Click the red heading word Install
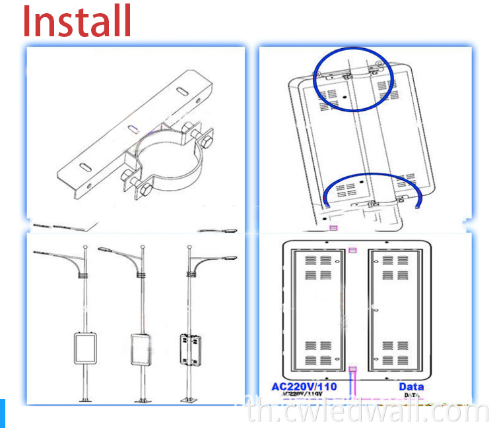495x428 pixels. point(77,22)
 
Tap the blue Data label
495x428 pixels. point(411,386)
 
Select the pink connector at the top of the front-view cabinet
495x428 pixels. point(352,251)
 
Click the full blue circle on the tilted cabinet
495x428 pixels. point(352,80)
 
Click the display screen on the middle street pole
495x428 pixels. point(141,348)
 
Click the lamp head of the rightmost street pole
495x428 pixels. point(229,258)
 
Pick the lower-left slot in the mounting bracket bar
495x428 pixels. point(85,166)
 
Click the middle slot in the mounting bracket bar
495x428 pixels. point(133,127)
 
